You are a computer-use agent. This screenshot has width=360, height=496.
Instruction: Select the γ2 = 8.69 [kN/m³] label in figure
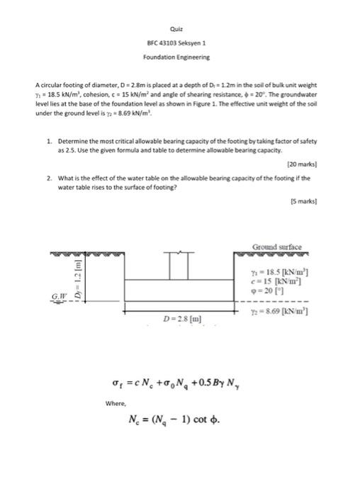pos(274,312)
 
